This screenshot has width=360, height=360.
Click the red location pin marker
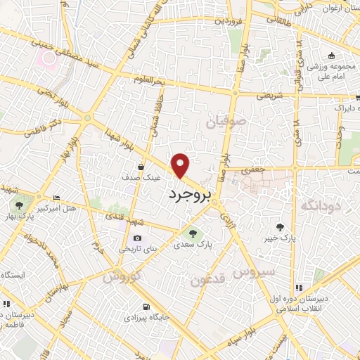pyautogui.click(x=181, y=165)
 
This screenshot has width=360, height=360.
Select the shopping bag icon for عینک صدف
pyautogui.click(x=143, y=167)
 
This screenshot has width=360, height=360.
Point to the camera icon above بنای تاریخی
pyautogui.click(x=137, y=238)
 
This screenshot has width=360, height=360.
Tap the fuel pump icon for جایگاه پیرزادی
pyautogui.click(x=146, y=307)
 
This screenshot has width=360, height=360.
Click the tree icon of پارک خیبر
pyautogui.click(x=281, y=226)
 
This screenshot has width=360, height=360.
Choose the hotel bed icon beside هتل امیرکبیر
pyautogui.click(x=56, y=198)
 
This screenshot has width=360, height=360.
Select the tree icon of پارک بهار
pyautogui.click(x=19, y=206)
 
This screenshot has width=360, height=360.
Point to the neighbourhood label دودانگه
pyautogui.click(x=321, y=205)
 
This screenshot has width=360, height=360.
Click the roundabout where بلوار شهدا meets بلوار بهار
pyautogui.click(x=86, y=118)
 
